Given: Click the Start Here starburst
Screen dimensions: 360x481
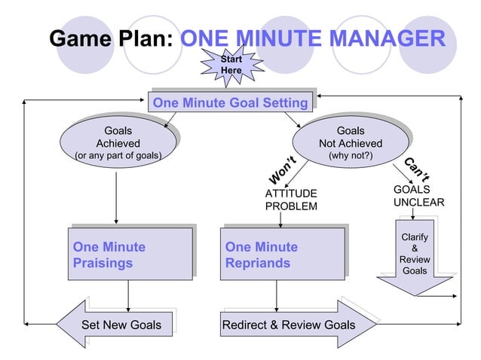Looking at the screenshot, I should [x=231, y=65].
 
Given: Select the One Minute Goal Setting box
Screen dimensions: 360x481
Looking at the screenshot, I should [x=230, y=102].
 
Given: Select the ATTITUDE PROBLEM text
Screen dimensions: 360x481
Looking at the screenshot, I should [x=291, y=200].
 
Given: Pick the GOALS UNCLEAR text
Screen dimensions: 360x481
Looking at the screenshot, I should [x=418, y=197].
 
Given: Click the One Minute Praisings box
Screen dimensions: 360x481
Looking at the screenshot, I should [x=128, y=255].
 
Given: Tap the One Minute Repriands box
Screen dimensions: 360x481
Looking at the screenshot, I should [x=281, y=255].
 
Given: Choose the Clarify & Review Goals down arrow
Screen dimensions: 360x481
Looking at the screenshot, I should [x=415, y=256].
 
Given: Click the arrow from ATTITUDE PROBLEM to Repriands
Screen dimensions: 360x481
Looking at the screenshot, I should [x=280, y=219].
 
